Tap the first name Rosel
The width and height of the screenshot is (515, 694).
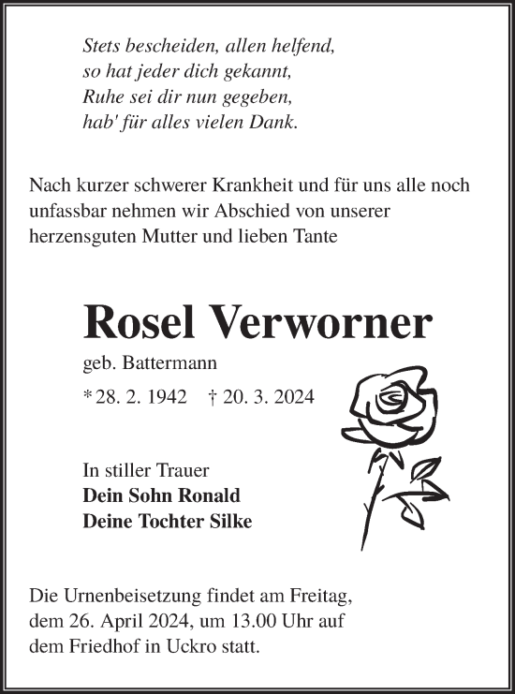149,323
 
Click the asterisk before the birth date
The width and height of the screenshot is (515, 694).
87,397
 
